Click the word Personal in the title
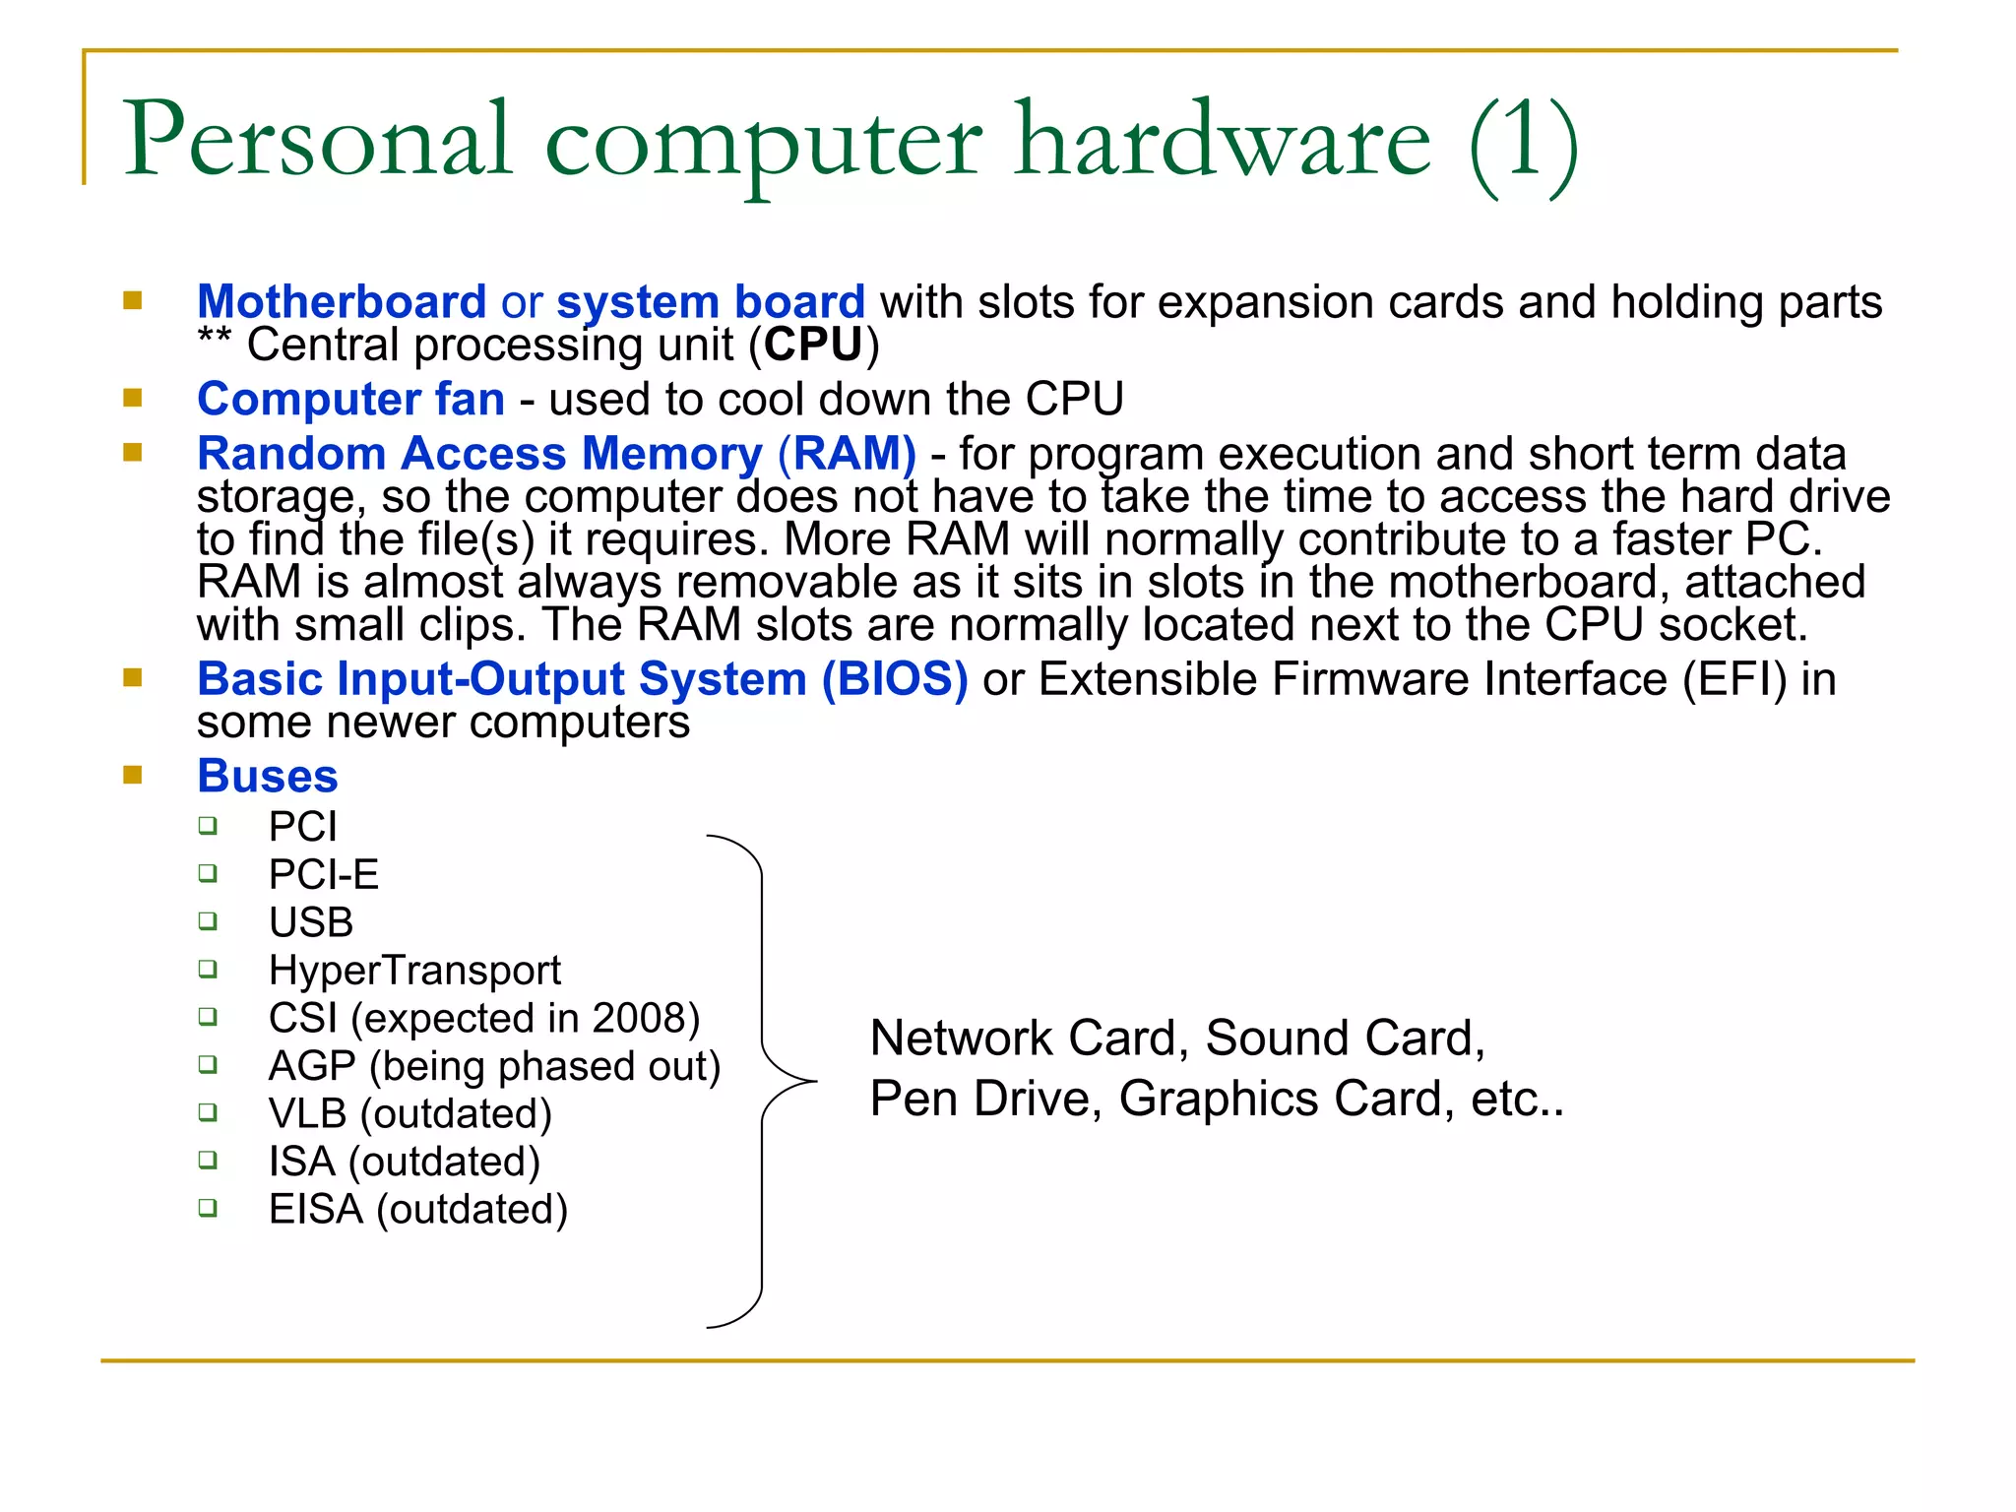coord(317,140)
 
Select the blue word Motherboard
coord(342,301)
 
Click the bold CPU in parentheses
coord(813,345)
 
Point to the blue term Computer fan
coord(350,399)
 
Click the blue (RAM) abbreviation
coord(847,454)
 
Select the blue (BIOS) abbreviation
coord(895,679)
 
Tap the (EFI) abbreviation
coord(1734,679)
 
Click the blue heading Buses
coord(267,776)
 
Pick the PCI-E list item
coord(323,874)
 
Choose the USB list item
coord(311,922)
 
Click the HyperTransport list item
coord(414,971)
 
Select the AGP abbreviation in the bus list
coord(312,1066)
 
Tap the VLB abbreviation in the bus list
coord(307,1114)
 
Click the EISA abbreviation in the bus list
coord(316,1210)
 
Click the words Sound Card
coord(1344,1039)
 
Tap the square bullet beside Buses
coord(133,776)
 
